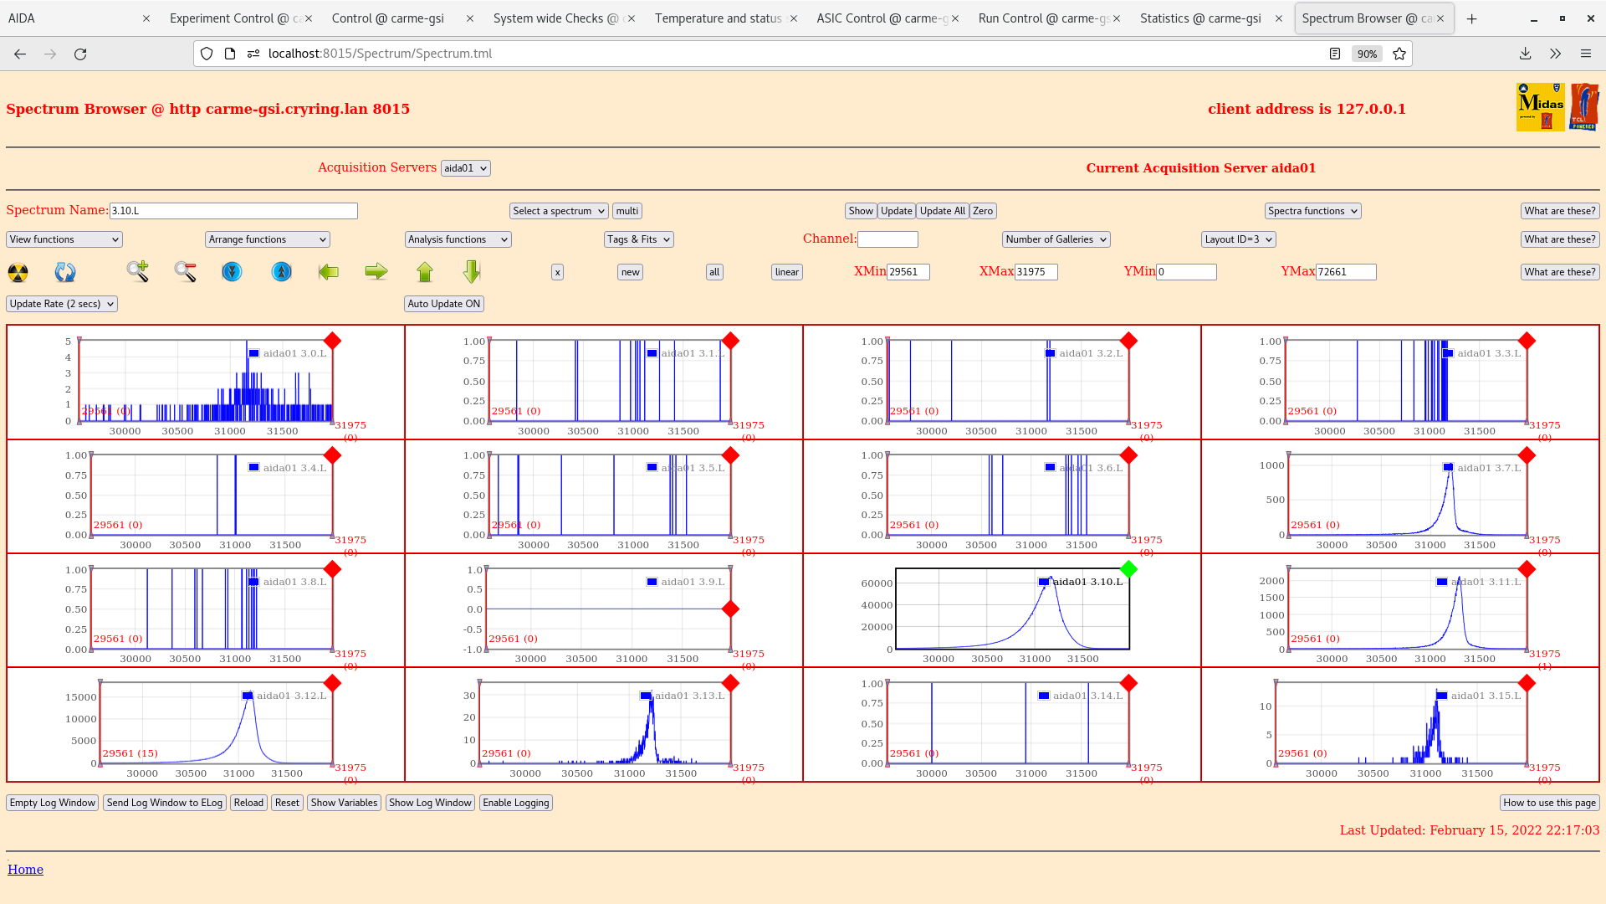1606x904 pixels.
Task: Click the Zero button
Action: [983, 211]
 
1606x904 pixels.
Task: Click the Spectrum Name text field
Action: [233, 211]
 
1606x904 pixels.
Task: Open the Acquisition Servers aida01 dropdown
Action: [465, 168]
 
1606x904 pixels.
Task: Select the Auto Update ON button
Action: [444, 304]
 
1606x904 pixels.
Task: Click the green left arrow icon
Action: [329, 272]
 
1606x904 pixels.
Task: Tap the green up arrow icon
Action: [425, 272]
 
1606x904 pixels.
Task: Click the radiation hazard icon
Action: [18, 272]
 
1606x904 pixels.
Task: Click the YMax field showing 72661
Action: [1345, 272]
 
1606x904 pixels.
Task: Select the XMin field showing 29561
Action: [908, 272]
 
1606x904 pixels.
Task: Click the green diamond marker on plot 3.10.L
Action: [1128, 569]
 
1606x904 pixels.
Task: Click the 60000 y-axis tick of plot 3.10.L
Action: [877, 583]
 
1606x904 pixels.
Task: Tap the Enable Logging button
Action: [516, 803]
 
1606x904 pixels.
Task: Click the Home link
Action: [26, 870]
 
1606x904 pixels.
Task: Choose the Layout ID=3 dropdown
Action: [1238, 239]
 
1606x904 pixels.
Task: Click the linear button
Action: [786, 272]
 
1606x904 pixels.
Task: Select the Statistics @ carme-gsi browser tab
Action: [1200, 18]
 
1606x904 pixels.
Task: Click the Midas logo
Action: [1540, 107]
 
